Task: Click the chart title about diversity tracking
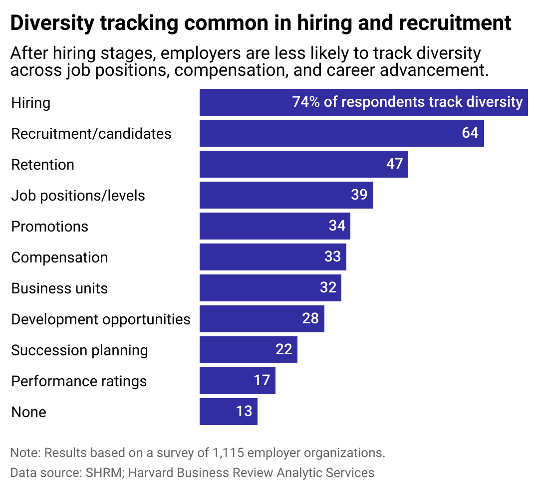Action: [261, 23]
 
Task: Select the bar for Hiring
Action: [363, 102]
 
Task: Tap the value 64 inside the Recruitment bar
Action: [470, 133]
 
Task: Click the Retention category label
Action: [42, 165]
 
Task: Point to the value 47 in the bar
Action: [394, 164]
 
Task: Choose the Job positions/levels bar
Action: [286, 195]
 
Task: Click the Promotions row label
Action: [49, 227]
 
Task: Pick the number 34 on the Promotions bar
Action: [337, 226]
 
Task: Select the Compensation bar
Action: [272, 257]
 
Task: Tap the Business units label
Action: [59, 288]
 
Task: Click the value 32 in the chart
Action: [328, 288]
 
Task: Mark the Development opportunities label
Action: [101, 319]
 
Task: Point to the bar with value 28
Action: [262, 319]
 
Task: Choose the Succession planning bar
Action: [248, 350]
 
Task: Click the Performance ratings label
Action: [79, 381]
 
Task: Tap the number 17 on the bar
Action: [262, 381]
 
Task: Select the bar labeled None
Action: [228, 412]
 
